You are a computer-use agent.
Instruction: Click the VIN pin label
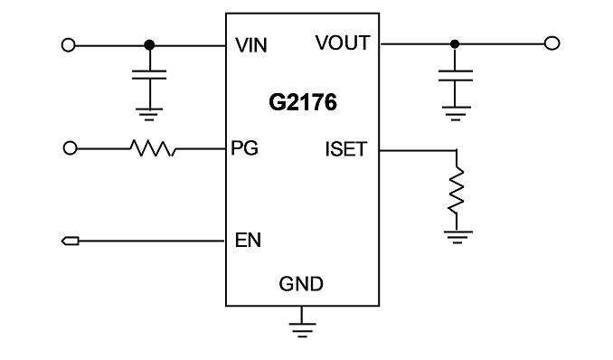click(251, 45)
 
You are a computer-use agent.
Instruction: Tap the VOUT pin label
click(343, 43)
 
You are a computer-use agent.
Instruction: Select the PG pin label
click(245, 148)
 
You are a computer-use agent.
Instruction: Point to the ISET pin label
click(346, 149)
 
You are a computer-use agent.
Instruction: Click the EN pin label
click(248, 240)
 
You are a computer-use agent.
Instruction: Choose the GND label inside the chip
click(301, 284)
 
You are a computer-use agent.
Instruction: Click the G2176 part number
click(303, 102)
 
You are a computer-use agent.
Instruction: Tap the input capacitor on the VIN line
click(149, 75)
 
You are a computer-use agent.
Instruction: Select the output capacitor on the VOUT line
click(456, 75)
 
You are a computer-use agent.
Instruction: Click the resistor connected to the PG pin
click(153, 148)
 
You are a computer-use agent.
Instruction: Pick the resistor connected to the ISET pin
click(457, 191)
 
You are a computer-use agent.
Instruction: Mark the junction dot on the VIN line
click(149, 45)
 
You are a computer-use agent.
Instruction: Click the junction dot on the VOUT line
click(454, 44)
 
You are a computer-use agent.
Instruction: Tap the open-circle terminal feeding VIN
click(69, 45)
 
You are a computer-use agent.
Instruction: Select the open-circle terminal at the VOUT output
click(552, 43)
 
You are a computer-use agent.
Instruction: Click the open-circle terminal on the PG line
click(70, 148)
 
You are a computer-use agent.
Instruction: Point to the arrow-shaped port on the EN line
click(71, 241)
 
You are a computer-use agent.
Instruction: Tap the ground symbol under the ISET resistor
click(457, 237)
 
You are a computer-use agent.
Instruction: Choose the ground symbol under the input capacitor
click(149, 114)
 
